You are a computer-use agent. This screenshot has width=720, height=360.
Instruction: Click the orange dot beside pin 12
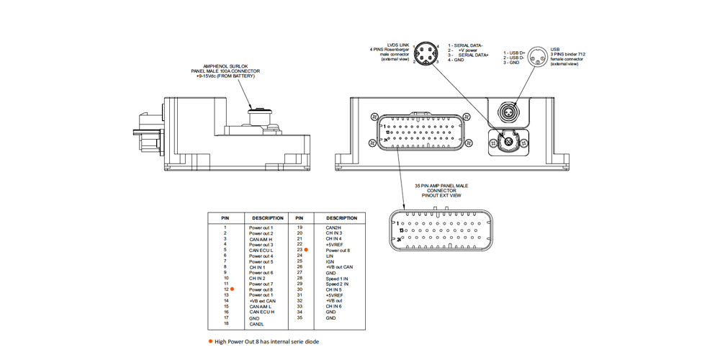(x=232, y=289)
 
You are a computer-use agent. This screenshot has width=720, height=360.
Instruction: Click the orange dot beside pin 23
(x=306, y=249)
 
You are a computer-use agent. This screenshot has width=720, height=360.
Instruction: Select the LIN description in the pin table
(x=330, y=255)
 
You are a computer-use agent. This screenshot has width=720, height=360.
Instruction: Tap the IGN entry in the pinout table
(x=330, y=261)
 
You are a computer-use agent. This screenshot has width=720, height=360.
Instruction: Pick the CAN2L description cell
(x=256, y=323)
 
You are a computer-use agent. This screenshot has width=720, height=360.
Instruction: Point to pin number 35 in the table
(x=300, y=318)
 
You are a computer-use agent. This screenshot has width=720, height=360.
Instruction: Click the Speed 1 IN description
(x=337, y=278)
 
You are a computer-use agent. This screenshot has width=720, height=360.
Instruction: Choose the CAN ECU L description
(x=261, y=250)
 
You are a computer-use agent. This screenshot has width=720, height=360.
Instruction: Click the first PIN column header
(x=225, y=217)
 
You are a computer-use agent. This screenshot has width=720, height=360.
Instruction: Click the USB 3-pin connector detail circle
(x=538, y=55)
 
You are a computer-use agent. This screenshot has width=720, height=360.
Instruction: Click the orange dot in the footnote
(x=210, y=341)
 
